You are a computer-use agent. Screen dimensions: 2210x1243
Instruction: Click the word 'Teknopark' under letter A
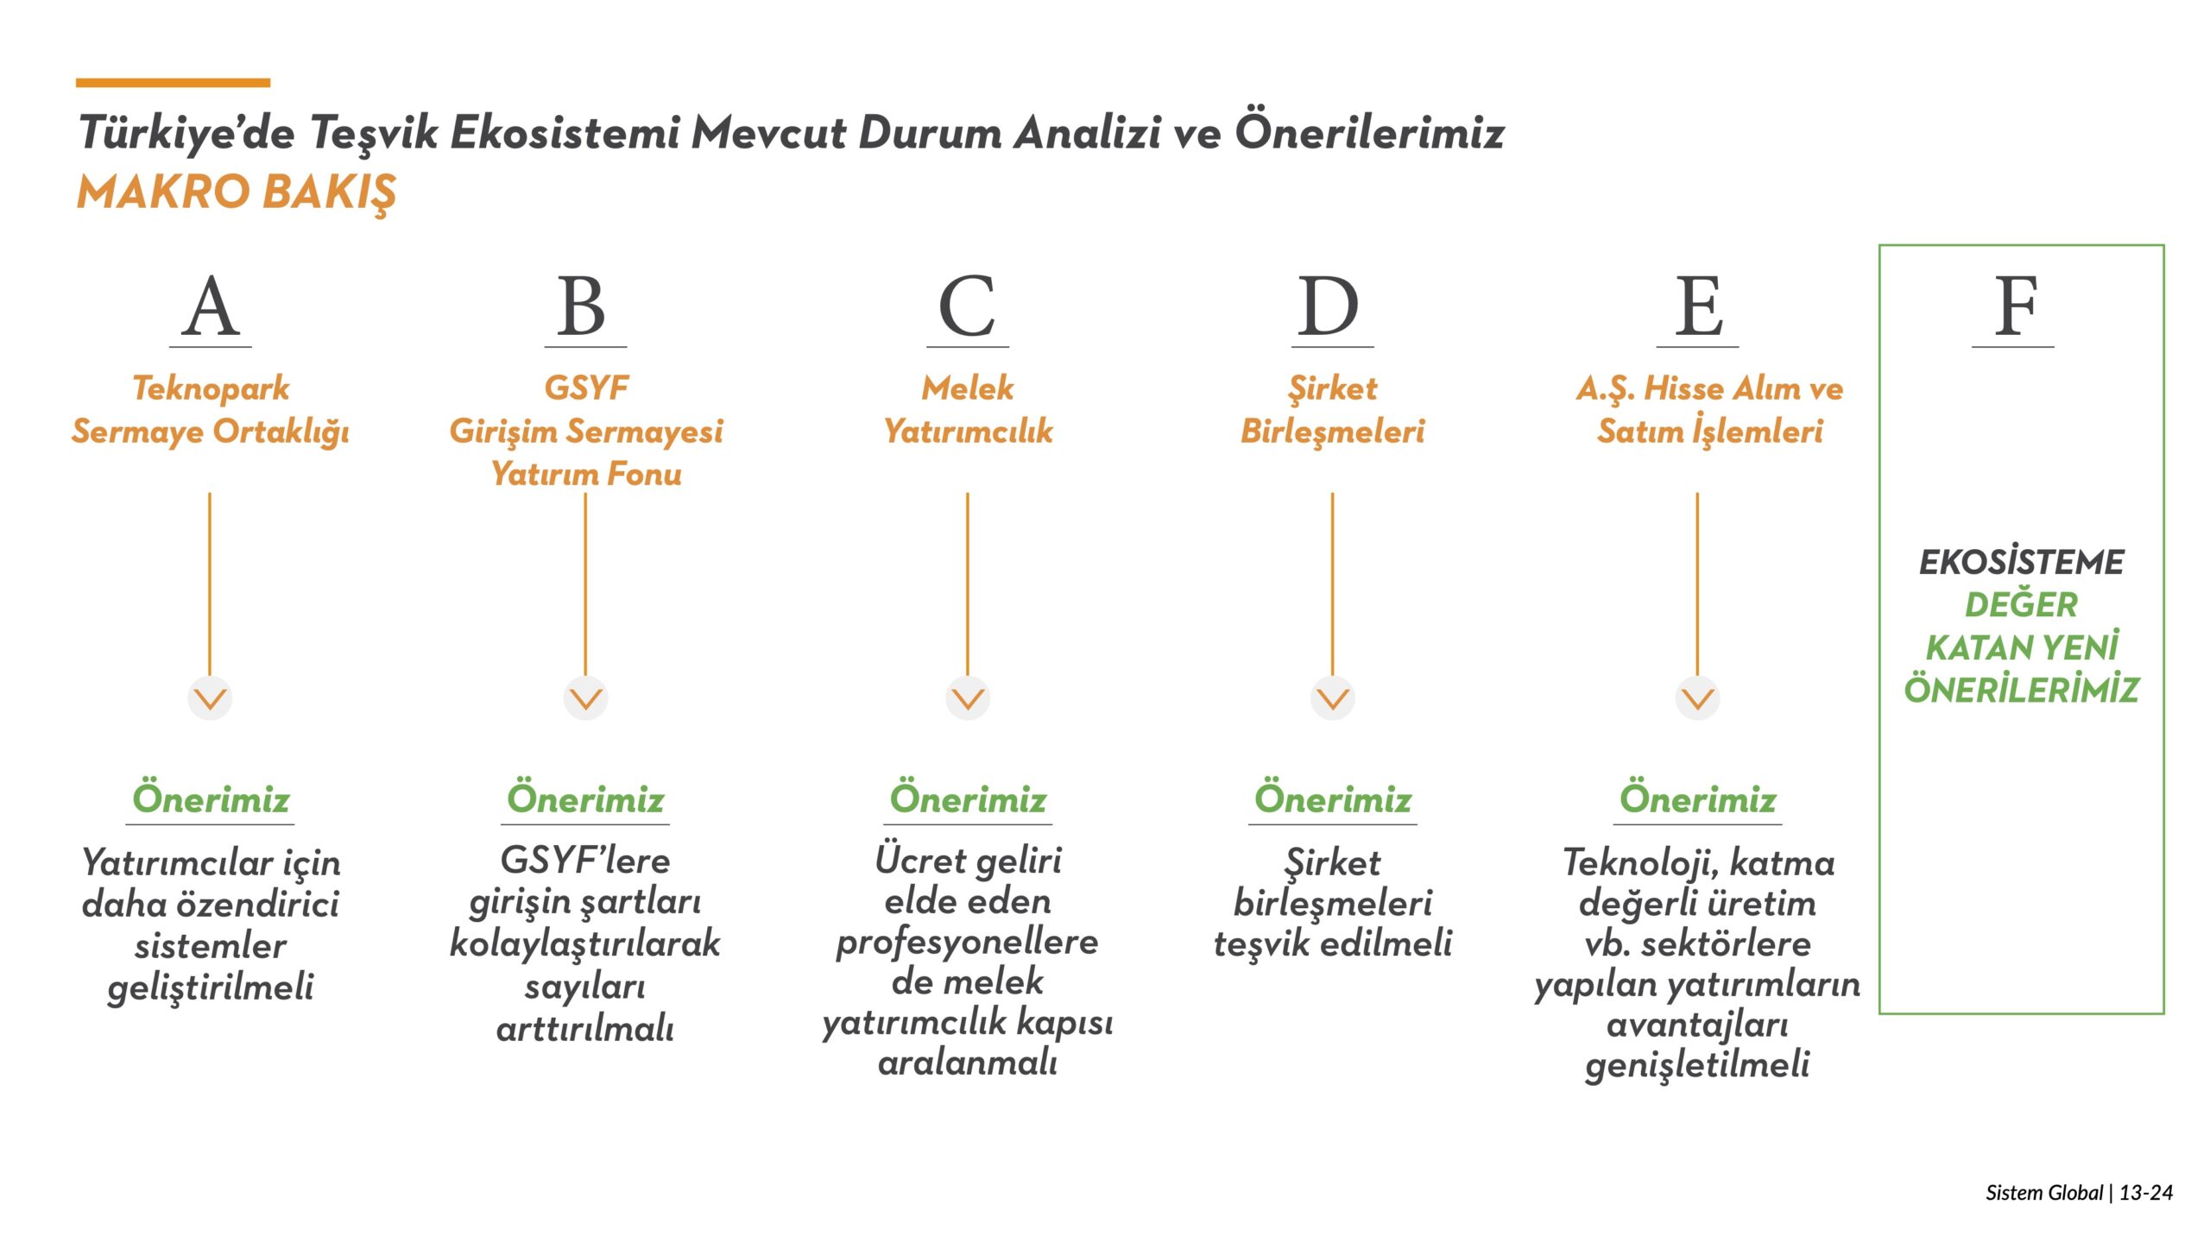(211, 389)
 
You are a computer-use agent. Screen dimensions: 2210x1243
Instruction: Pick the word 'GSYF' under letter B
(586, 388)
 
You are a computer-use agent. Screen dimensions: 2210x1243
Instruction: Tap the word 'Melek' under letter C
(968, 388)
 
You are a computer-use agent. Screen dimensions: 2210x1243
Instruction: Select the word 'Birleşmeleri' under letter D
(1332, 432)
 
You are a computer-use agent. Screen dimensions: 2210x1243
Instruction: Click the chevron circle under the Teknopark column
(210, 697)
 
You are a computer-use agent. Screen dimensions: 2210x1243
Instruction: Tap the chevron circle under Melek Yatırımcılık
(968, 697)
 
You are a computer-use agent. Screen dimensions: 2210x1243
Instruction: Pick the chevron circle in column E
(1698, 697)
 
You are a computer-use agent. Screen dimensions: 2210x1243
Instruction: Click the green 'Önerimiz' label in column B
(585, 798)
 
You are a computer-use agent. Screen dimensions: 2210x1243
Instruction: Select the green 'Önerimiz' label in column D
(1333, 798)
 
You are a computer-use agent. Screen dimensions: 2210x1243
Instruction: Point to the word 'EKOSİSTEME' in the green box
(2021, 562)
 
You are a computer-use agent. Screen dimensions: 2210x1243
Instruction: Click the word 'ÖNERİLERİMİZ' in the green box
(2021, 690)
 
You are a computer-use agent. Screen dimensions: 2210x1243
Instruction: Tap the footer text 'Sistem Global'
(2044, 1193)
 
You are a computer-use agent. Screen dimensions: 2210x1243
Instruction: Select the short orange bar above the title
(173, 83)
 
